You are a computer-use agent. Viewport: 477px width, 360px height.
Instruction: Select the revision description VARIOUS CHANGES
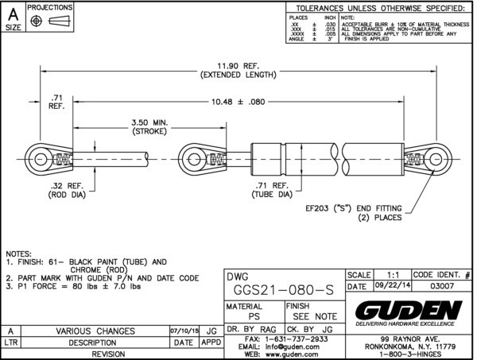coord(94,331)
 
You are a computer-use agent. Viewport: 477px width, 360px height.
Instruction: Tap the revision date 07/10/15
coord(184,331)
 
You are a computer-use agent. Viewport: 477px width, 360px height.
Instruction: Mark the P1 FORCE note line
coord(86,286)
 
